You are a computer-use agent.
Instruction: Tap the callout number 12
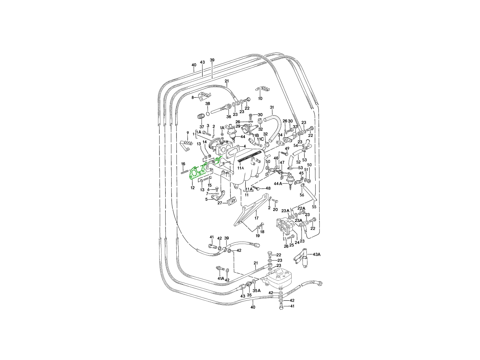192,188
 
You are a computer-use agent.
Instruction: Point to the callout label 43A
317,254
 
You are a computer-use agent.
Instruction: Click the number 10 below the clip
260,98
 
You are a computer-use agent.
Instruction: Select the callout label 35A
256,290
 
